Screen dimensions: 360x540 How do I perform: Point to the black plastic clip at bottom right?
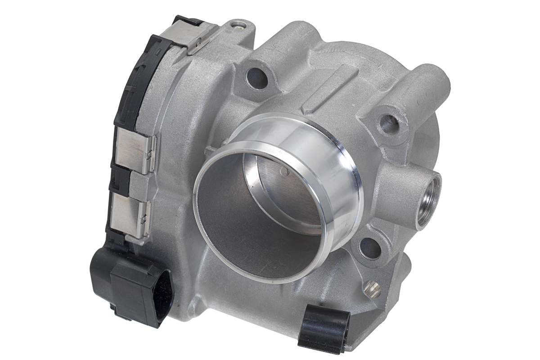click(324, 327)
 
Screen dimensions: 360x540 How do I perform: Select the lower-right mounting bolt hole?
click(370, 248)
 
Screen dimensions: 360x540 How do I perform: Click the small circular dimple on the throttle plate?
click(283, 171)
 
